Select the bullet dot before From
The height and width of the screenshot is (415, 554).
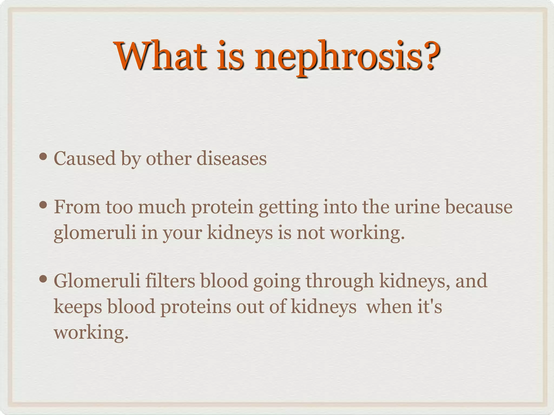coord(43,205)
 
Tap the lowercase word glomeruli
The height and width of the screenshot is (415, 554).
coord(95,233)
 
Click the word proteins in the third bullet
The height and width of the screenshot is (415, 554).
coord(196,307)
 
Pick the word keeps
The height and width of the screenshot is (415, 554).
coord(78,307)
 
